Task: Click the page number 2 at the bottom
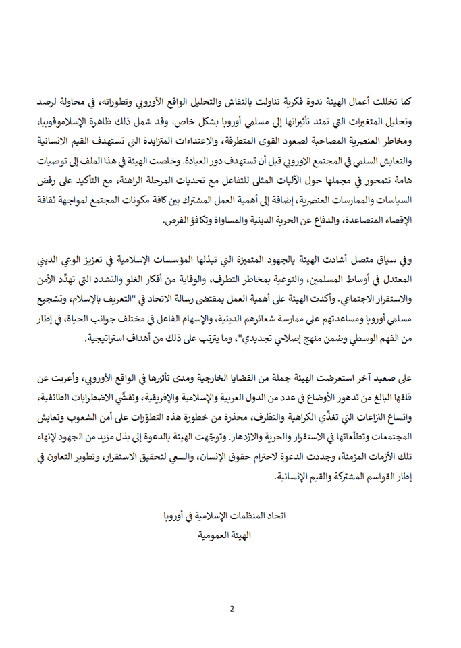[x=231, y=608]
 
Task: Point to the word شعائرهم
[x=250, y=321]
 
